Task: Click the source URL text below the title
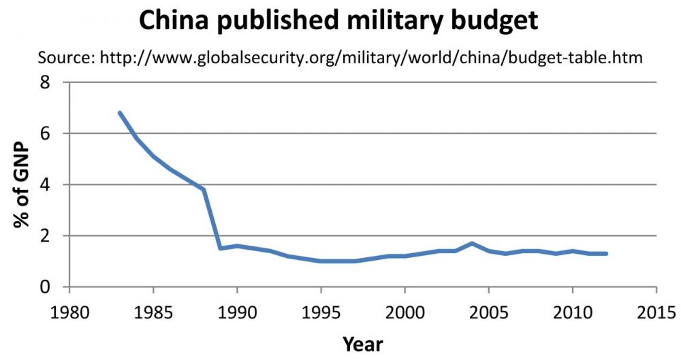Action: click(371, 58)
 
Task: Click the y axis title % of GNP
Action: click(22, 184)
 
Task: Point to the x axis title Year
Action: click(362, 343)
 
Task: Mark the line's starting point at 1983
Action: click(120, 113)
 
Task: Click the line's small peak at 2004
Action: click(471, 243)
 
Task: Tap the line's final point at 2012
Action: click(605, 253)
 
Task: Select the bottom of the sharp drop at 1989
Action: click(221, 248)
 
